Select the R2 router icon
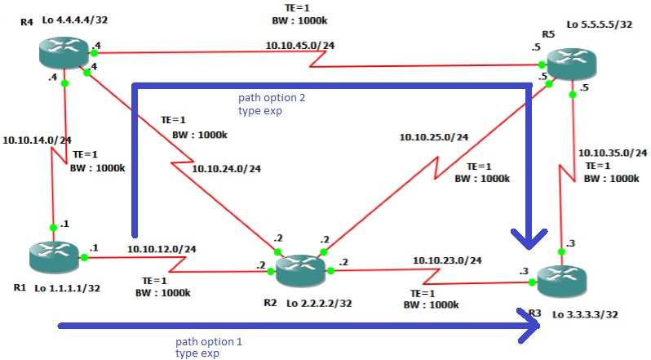(x=299, y=269)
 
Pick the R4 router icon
(x=65, y=54)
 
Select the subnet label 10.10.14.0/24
(x=38, y=140)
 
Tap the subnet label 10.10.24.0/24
(x=227, y=169)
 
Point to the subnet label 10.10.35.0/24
(x=612, y=152)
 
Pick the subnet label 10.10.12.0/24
(x=162, y=248)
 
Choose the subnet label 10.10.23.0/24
(x=447, y=260)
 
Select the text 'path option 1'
(x=209, y=340)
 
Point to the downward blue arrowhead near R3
(x=529, y=238)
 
